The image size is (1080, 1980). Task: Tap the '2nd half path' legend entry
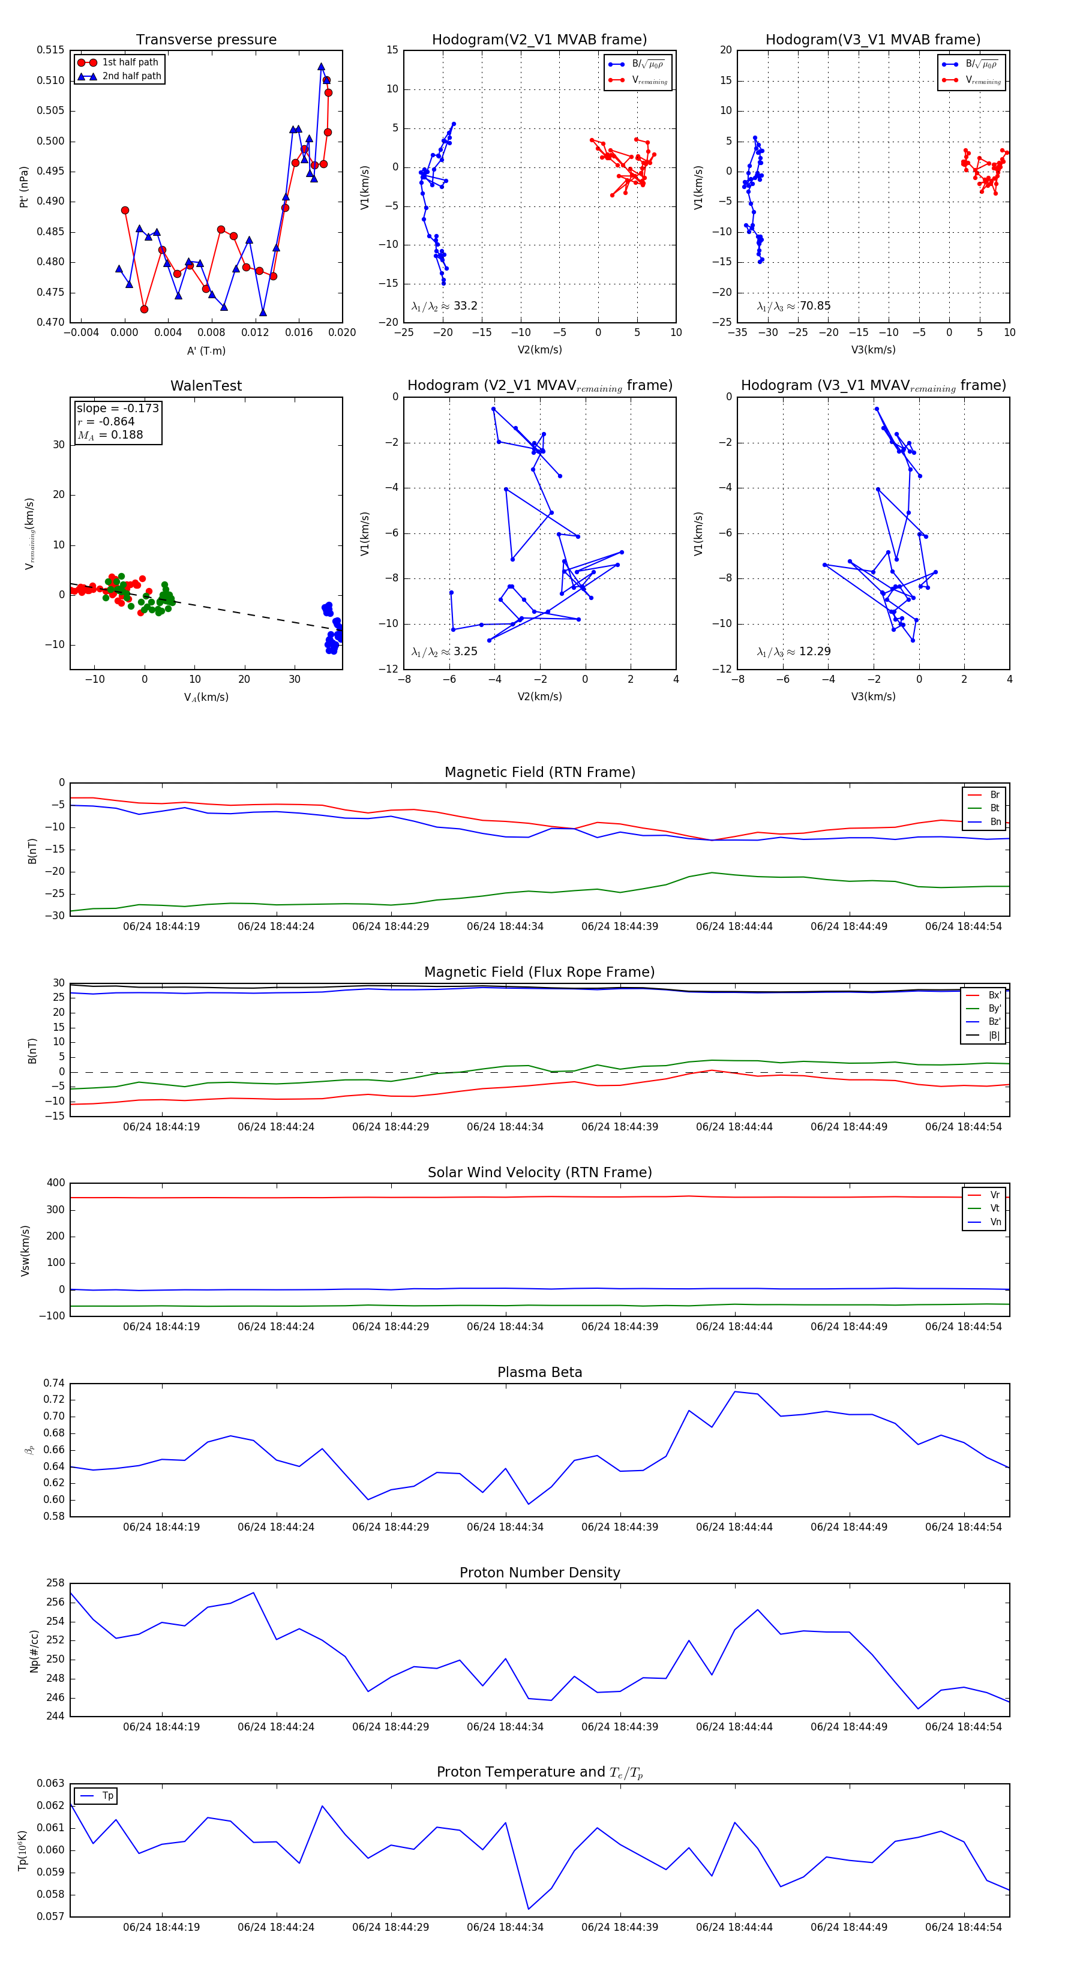(x=131, y=76)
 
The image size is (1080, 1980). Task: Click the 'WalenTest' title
(x=206, y=386)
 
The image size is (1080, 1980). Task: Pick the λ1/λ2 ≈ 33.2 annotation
(x=444, y=306)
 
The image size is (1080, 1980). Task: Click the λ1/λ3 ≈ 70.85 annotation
(x=793, y=306)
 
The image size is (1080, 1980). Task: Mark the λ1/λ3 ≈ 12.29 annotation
(x=793, y=652)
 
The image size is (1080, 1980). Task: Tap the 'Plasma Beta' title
(x=539, y=1373)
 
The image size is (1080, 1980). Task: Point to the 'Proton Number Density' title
(x=539, y=1573)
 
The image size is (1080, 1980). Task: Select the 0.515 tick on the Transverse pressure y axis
(x=51, y=50)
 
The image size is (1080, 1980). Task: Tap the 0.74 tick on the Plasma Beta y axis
(x=54, y=1384)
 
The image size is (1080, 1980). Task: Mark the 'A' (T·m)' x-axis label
(x=206, y=350)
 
